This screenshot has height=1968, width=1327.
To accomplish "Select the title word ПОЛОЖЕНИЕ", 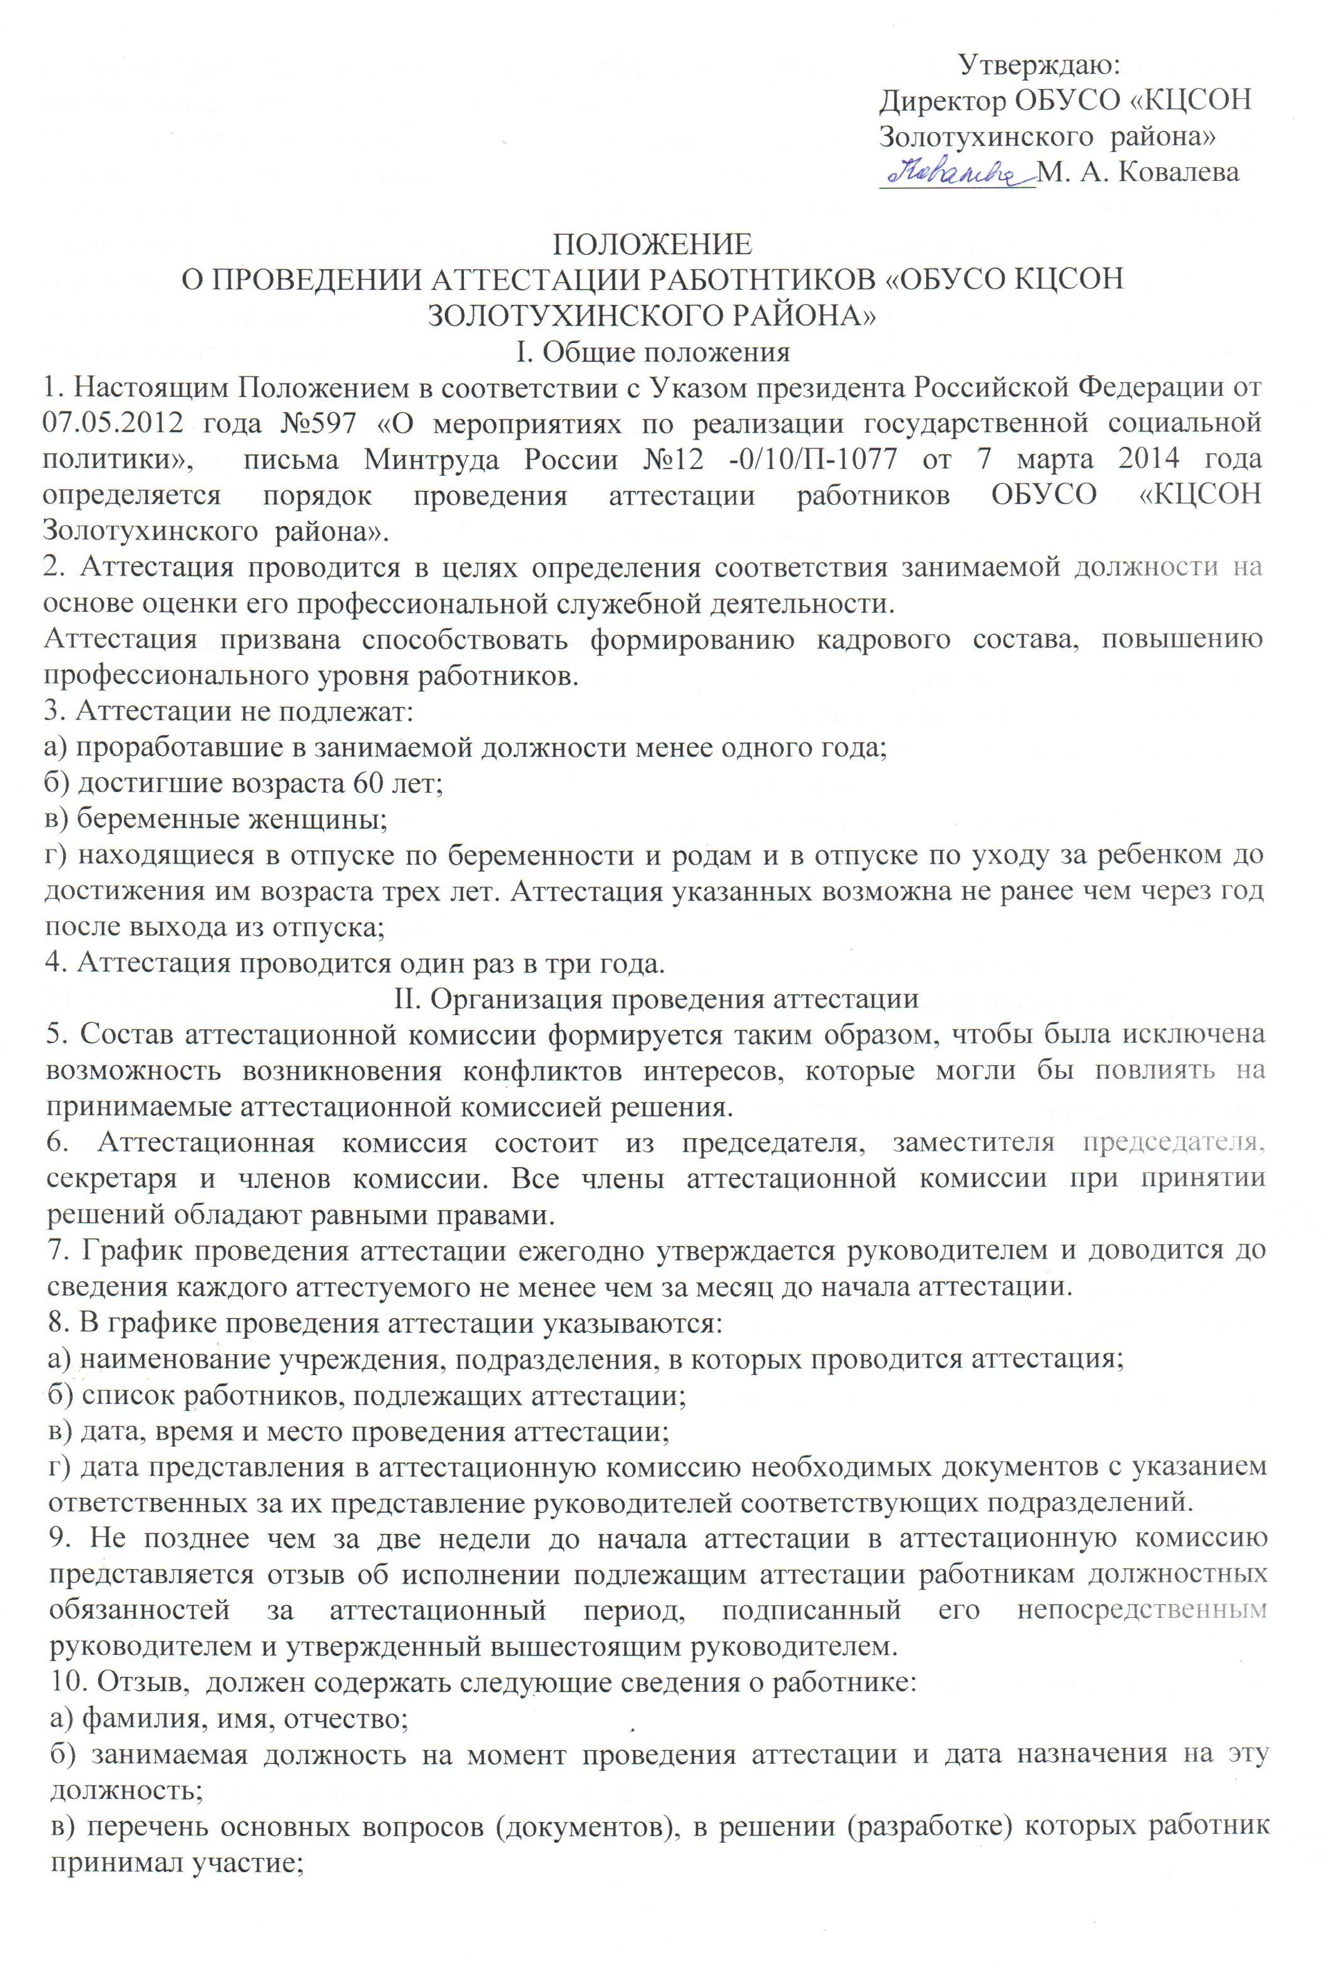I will pyautogui.click(x=652, y=245).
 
